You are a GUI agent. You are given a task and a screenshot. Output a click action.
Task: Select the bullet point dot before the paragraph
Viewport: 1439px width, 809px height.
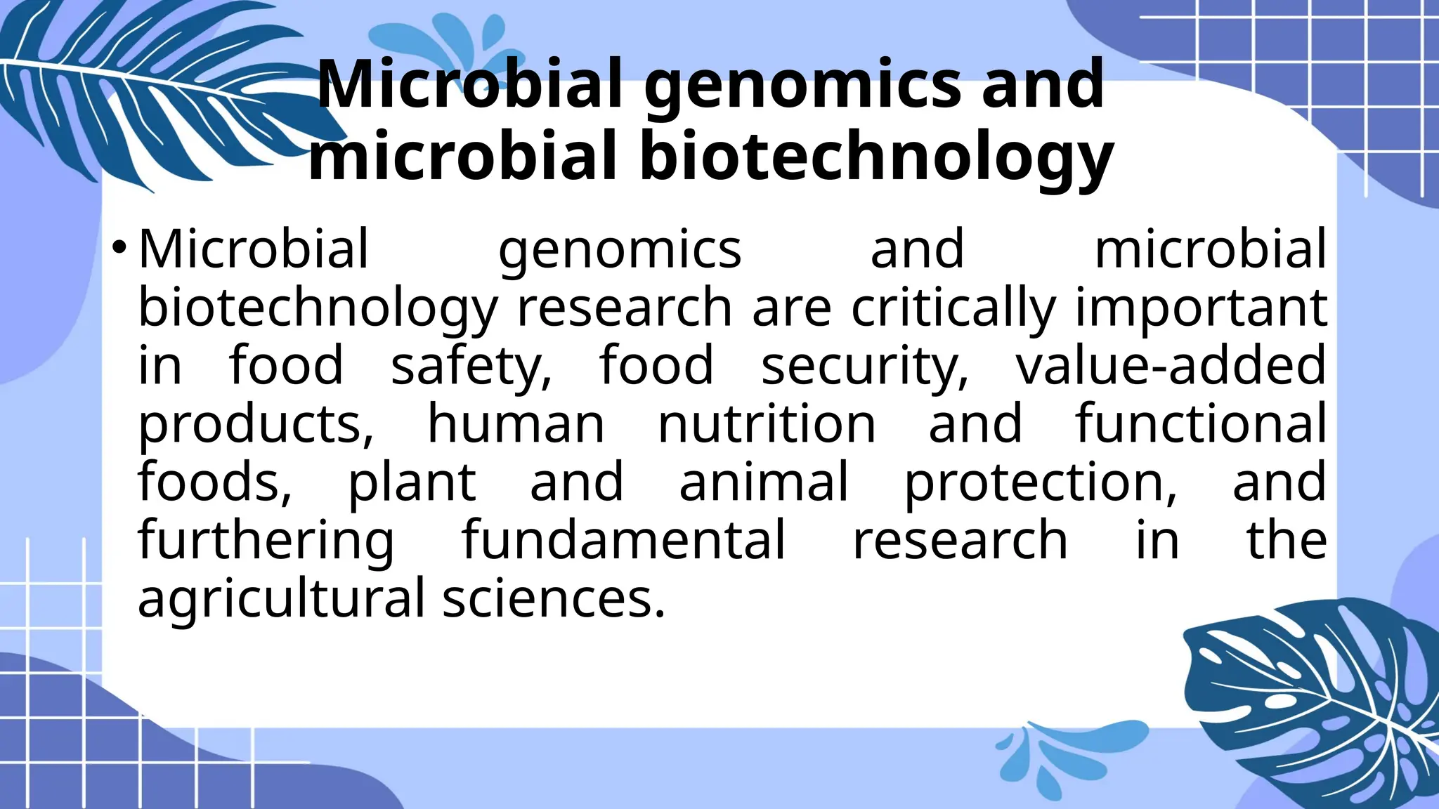[x=119, y=247]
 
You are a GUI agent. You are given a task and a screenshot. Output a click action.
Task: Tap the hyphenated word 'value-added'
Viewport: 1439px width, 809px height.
[x=1171, y=365]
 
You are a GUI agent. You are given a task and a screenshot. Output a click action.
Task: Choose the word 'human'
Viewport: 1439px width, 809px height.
[x=516, y=424]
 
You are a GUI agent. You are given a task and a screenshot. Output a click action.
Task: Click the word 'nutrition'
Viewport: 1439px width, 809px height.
[x=767, y=424]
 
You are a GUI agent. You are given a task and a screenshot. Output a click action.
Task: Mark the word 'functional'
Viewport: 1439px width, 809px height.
[x=1201, y=424]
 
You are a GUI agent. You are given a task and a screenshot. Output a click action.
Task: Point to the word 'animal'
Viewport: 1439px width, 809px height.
[x=764, y=482]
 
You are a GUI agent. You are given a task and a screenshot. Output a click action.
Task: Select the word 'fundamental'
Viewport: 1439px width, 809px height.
[x=623, y=540]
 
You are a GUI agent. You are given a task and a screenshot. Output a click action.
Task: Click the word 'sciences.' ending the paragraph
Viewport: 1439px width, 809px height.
[x=554, y=599]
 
